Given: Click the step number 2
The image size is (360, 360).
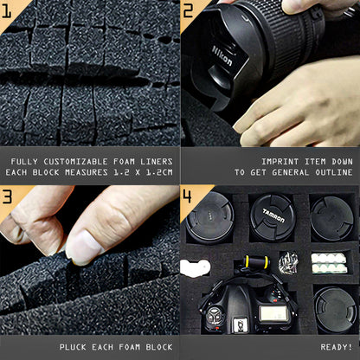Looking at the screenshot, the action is pos(188,10).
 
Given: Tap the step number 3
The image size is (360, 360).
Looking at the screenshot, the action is pos(7,196).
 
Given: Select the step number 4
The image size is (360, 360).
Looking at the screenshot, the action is pos(187,196).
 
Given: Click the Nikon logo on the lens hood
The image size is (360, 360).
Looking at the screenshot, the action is pos(222,55).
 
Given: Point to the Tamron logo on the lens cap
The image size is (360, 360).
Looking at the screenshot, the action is pos(273,215).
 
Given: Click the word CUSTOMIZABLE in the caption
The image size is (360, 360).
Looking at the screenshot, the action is pos(76,162).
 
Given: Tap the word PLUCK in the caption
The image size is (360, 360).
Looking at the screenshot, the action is pos(73,347).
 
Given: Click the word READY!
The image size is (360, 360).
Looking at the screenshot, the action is pos(337,347).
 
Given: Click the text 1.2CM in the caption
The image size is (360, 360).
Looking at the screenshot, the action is pos(159,172).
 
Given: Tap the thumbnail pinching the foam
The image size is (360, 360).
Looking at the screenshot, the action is pos(85,247).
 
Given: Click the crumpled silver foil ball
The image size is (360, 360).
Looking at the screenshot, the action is pos(288,262).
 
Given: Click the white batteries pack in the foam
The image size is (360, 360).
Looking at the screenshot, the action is pos(329,263).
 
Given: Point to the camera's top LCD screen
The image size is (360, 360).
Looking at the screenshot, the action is pos(273,314).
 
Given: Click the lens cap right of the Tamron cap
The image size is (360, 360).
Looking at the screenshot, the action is pos(332,218).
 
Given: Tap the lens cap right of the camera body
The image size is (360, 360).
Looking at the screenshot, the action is pos(335,310).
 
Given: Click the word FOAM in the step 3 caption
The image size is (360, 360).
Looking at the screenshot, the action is pos(129,347).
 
